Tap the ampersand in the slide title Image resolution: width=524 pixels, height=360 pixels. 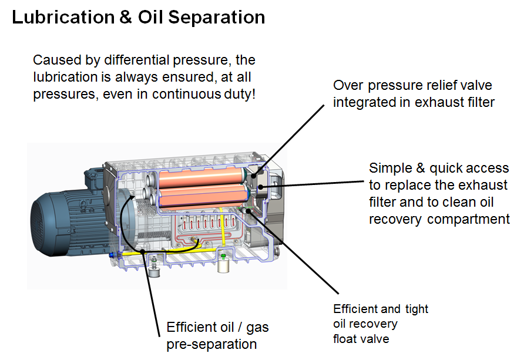point(125,17)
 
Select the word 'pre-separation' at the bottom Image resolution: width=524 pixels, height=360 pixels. point(211,344)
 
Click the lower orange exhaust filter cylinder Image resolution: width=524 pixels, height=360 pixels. point(203,196)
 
